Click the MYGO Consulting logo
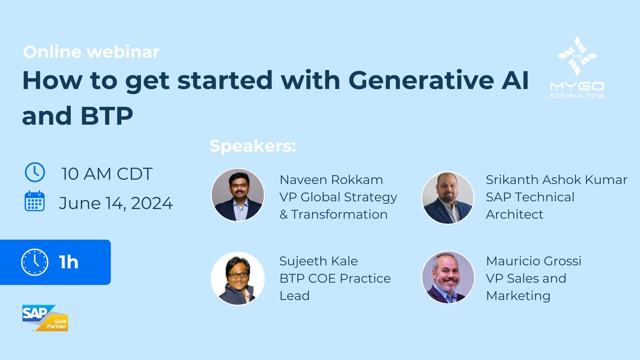[x=577, y=67]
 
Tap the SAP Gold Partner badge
[x=45, y=318]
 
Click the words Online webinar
[x=91, y=52]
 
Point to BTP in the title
[x=106, y=116]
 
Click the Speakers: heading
[x=253, y=146]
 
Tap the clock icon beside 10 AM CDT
[x=35, y=172]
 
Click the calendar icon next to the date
[x=35, y=201]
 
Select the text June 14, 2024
[x=116, y=203]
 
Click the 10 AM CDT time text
[x=107, y=174]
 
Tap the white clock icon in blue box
[x=35, y=262]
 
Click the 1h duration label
[x=69, y=262]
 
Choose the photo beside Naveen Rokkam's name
[x=238, y=195]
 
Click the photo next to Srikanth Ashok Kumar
[x=448, y=198]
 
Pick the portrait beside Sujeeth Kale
[x=238, y=278]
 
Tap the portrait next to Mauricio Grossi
[x=448, y=277]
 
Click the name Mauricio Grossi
[x=533, y=261]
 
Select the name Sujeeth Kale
[x=318, y=261]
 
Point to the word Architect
[x=514, y=214]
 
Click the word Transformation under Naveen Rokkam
[x=339, y=214]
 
